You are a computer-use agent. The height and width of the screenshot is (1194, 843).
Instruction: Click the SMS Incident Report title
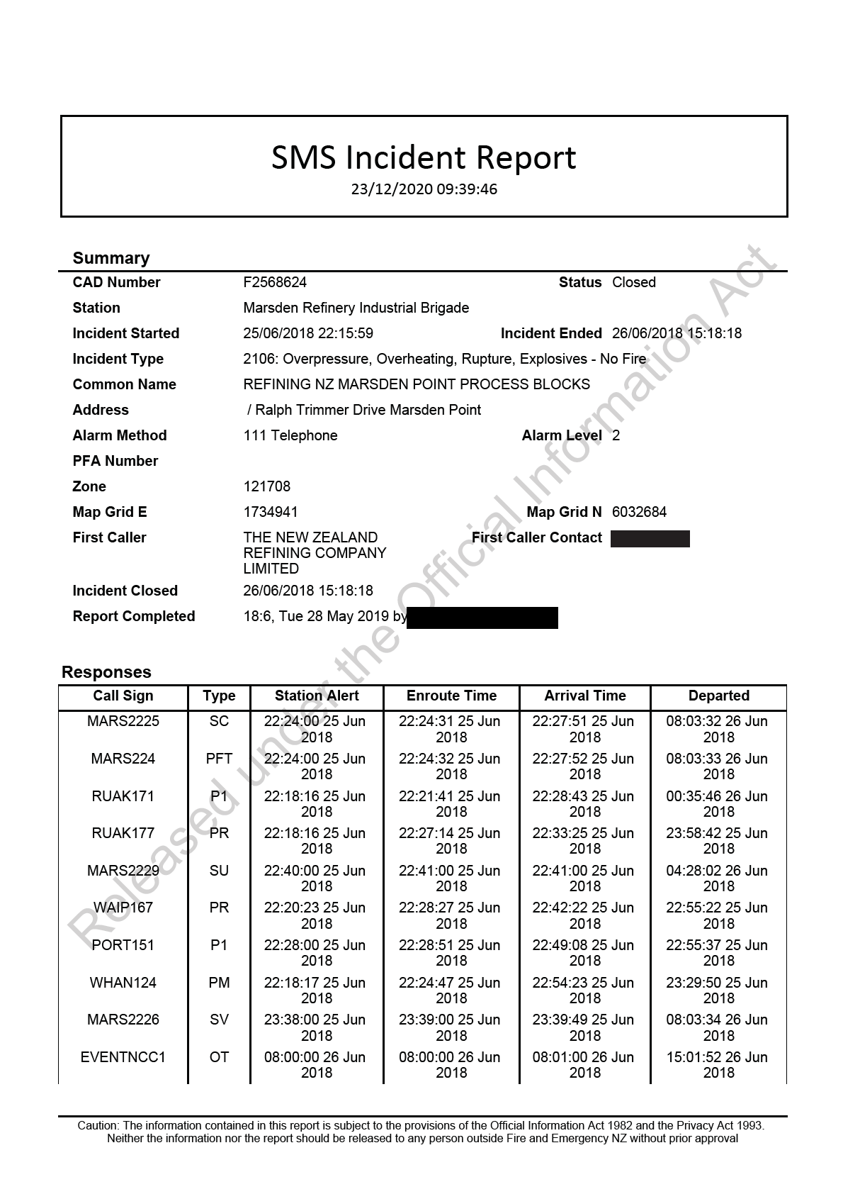pos(424,157)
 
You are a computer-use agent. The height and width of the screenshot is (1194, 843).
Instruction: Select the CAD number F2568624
pos(275,282)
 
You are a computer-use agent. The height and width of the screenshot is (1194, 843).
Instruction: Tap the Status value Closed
pos(633,282)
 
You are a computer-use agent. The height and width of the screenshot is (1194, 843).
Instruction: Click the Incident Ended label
pos(550,333)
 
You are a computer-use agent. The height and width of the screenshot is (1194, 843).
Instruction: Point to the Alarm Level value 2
pos(616,435)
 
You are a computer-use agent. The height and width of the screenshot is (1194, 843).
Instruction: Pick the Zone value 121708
pos(266,486)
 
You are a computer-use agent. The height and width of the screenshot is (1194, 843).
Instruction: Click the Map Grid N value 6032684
pos(639,512)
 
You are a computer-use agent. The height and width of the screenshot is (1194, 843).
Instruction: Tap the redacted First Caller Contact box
pos(650,539)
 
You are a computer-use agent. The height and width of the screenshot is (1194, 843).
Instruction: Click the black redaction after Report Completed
pos(482,618)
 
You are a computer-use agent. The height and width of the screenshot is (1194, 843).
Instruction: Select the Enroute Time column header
pos(451,696)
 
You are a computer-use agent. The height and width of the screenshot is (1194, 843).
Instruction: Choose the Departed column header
pos(718,696)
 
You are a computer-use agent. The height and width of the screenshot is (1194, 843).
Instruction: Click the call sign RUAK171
pos(123,796)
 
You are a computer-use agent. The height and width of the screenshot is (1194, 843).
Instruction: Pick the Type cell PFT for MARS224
pos(219,759)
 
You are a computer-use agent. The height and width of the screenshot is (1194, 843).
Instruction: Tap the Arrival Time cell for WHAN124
pos(584,990)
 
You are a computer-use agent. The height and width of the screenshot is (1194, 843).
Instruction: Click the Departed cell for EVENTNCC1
pos(718,1064)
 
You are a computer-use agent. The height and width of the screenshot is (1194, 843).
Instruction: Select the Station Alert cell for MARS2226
pos(316,1027)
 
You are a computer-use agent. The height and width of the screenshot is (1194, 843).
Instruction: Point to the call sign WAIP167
pos(123,908)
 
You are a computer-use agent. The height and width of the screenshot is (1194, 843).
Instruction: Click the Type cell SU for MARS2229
pos(219,871)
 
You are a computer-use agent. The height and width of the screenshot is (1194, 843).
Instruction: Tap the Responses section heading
pos(106,672)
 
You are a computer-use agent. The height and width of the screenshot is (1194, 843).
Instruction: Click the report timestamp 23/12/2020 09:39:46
pos(424,189)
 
